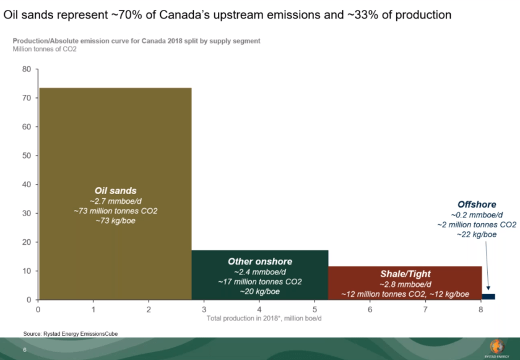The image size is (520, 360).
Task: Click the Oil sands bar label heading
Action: click(x=115, y=191)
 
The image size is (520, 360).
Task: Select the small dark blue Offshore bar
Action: click(x=488, y=296)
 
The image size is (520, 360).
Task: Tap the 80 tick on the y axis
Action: click(x=27, y=69)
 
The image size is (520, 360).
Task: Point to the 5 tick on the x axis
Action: click(x=314, y=309)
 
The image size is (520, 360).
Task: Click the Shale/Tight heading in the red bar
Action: click(x=405, y=273)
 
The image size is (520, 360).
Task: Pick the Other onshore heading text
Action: click(x=259, y=261)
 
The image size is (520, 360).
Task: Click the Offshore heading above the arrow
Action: click(x=476, y=204)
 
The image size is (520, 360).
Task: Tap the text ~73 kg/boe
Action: click(x=115, y=221)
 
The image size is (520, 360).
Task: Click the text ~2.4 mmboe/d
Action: click(x=259, y=271)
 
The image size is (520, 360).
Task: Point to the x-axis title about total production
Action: click(x=265, y=318)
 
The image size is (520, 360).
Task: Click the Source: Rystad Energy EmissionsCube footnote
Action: click(x=71, y=333)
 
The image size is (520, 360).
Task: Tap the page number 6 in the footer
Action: click(x=25, y=350)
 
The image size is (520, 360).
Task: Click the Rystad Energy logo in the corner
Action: click(x=496, y=348)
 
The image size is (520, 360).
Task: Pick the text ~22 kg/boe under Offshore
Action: click(x=476, y=234)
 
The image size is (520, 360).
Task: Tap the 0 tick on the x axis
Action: click(x=38, y=309)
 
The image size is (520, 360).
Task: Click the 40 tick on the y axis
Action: click(x=27, y=185)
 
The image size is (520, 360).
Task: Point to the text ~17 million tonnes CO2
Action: click(x=259, y=281)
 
